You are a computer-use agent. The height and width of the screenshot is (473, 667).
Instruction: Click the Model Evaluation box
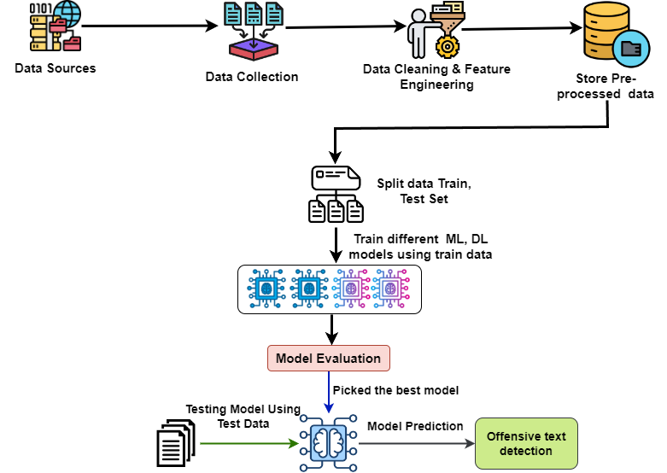[328, 358]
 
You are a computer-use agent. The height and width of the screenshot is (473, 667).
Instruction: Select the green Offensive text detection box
[526, 443]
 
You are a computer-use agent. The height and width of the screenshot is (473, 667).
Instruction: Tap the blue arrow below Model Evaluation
[328, 392]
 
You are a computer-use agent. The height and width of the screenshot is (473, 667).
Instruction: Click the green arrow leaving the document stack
[248, 443]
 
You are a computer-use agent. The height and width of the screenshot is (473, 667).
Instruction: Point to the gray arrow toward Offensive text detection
[416, 443]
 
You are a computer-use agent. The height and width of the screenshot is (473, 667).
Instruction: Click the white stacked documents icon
[175, 443]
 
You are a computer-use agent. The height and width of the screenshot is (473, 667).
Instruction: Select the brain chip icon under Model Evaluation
[328, 443]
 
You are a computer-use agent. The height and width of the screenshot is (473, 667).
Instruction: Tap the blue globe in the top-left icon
[67, 12]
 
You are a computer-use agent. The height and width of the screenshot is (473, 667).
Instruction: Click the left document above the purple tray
[232, 14]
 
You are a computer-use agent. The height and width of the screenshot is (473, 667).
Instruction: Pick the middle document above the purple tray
[254, 14]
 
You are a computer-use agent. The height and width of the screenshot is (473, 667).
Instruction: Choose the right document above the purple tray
[274, 14]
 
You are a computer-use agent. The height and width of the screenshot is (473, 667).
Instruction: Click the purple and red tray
[254, 49]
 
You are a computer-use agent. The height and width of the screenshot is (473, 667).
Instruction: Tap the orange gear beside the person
[447, 46]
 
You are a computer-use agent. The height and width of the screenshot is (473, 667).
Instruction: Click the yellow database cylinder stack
[605, 29]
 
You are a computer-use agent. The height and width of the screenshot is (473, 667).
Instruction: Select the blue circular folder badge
[631, 49]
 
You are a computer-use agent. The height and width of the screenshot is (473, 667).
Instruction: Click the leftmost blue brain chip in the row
[266, 289]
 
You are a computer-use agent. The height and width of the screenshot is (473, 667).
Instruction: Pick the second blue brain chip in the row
[308, 289]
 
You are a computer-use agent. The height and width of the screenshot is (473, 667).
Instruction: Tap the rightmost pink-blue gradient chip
[390, 289]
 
